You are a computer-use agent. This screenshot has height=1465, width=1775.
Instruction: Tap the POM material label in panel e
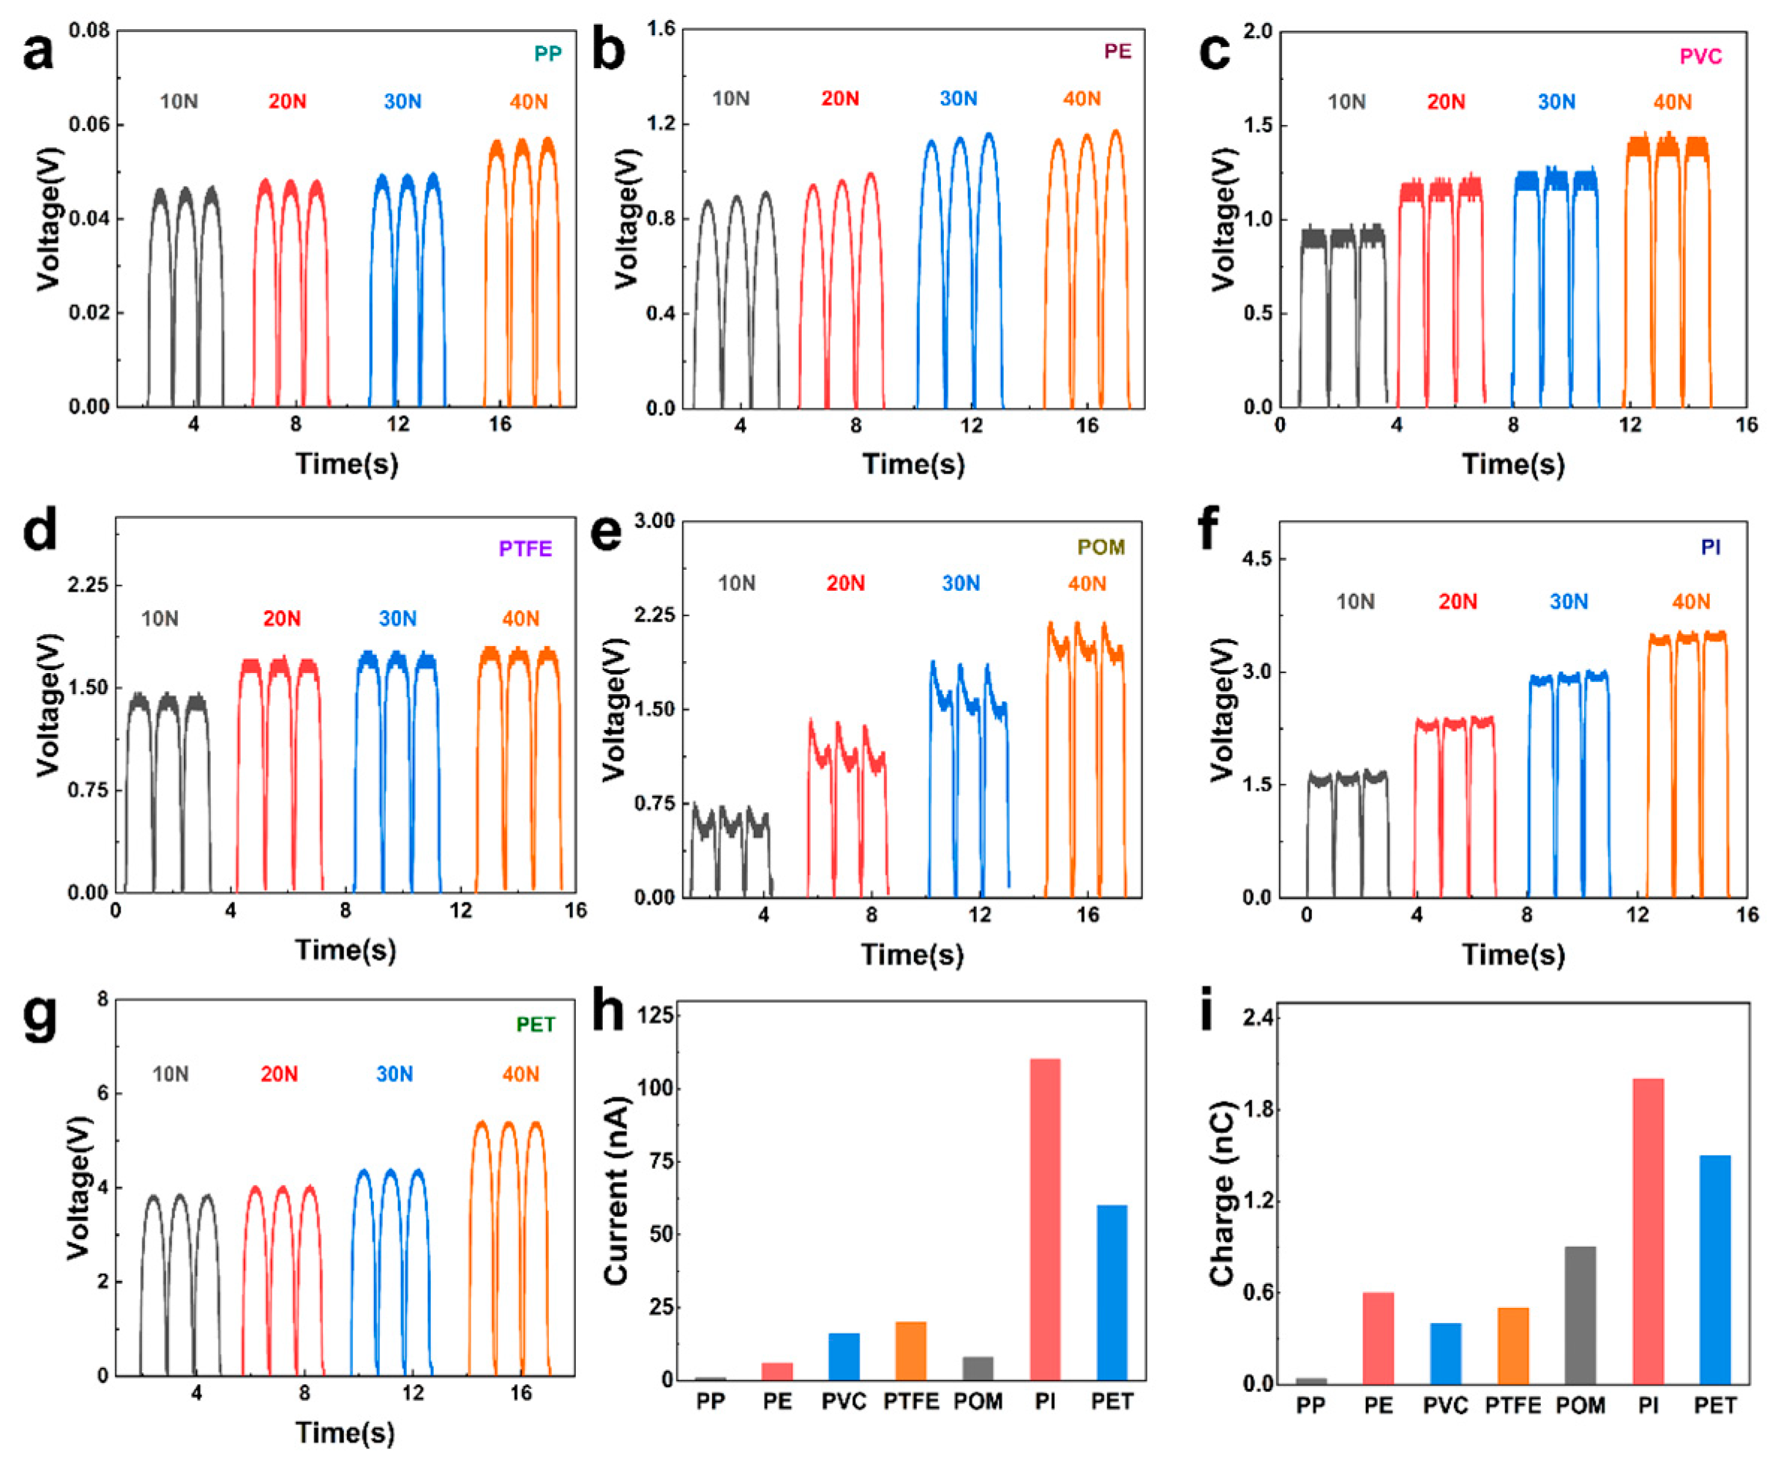tap(1100, 547)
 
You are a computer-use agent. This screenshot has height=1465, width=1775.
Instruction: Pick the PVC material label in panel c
tap(1700, 57)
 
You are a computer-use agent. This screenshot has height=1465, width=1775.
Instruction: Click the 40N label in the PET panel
tap(521, 1075)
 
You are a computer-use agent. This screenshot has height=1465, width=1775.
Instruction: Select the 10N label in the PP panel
tap(179, 102)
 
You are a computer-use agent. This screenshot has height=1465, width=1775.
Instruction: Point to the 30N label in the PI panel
tap(1569, 602)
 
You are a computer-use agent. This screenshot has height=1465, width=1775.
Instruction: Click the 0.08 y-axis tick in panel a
tap(88, 31)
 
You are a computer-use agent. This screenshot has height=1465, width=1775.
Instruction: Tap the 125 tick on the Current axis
tap(657, 1016)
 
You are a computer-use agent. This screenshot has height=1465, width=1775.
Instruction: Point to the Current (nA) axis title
tap(617, 1190)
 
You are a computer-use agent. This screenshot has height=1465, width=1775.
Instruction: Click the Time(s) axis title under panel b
tap(913, 464)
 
